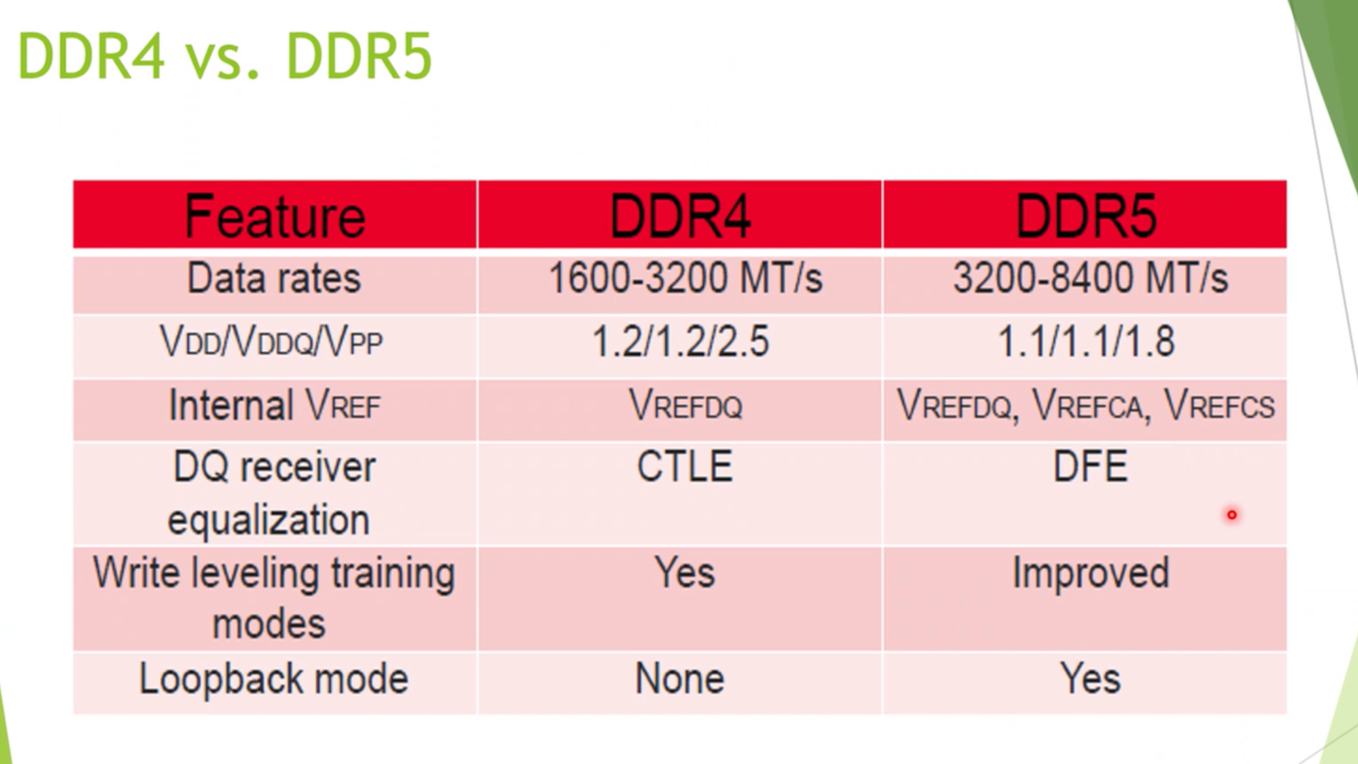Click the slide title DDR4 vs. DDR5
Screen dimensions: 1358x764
tap(224, 56)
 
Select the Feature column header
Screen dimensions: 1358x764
tap(275, 216)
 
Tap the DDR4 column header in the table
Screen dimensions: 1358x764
tap(680, 216)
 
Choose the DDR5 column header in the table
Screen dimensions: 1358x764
tap(1086, 216)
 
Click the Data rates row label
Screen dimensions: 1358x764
tap(274, 278)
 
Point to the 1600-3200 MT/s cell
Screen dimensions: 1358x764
tap(685, 278)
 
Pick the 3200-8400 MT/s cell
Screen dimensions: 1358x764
tap(1090, 278)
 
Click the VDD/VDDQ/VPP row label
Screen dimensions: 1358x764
tap(271, 341)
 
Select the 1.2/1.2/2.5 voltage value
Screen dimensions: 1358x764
tap(680, 341)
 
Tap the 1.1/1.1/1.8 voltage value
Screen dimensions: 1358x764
tap(1086, 341)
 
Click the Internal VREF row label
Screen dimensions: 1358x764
tap(274, 405)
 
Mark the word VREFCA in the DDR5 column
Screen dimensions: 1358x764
tap(1088, 405)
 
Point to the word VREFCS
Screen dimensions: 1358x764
tap(1219, 405)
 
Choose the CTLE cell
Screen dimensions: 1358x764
tap(684, 467)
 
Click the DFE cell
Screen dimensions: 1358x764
tap(1090, 467)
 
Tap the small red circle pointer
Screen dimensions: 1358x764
tap(1232, 515)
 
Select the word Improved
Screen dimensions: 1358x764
tap(1090, 574)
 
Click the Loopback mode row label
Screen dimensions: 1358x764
tap(274, 678)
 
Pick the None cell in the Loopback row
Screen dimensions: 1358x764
tap(680, 678)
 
